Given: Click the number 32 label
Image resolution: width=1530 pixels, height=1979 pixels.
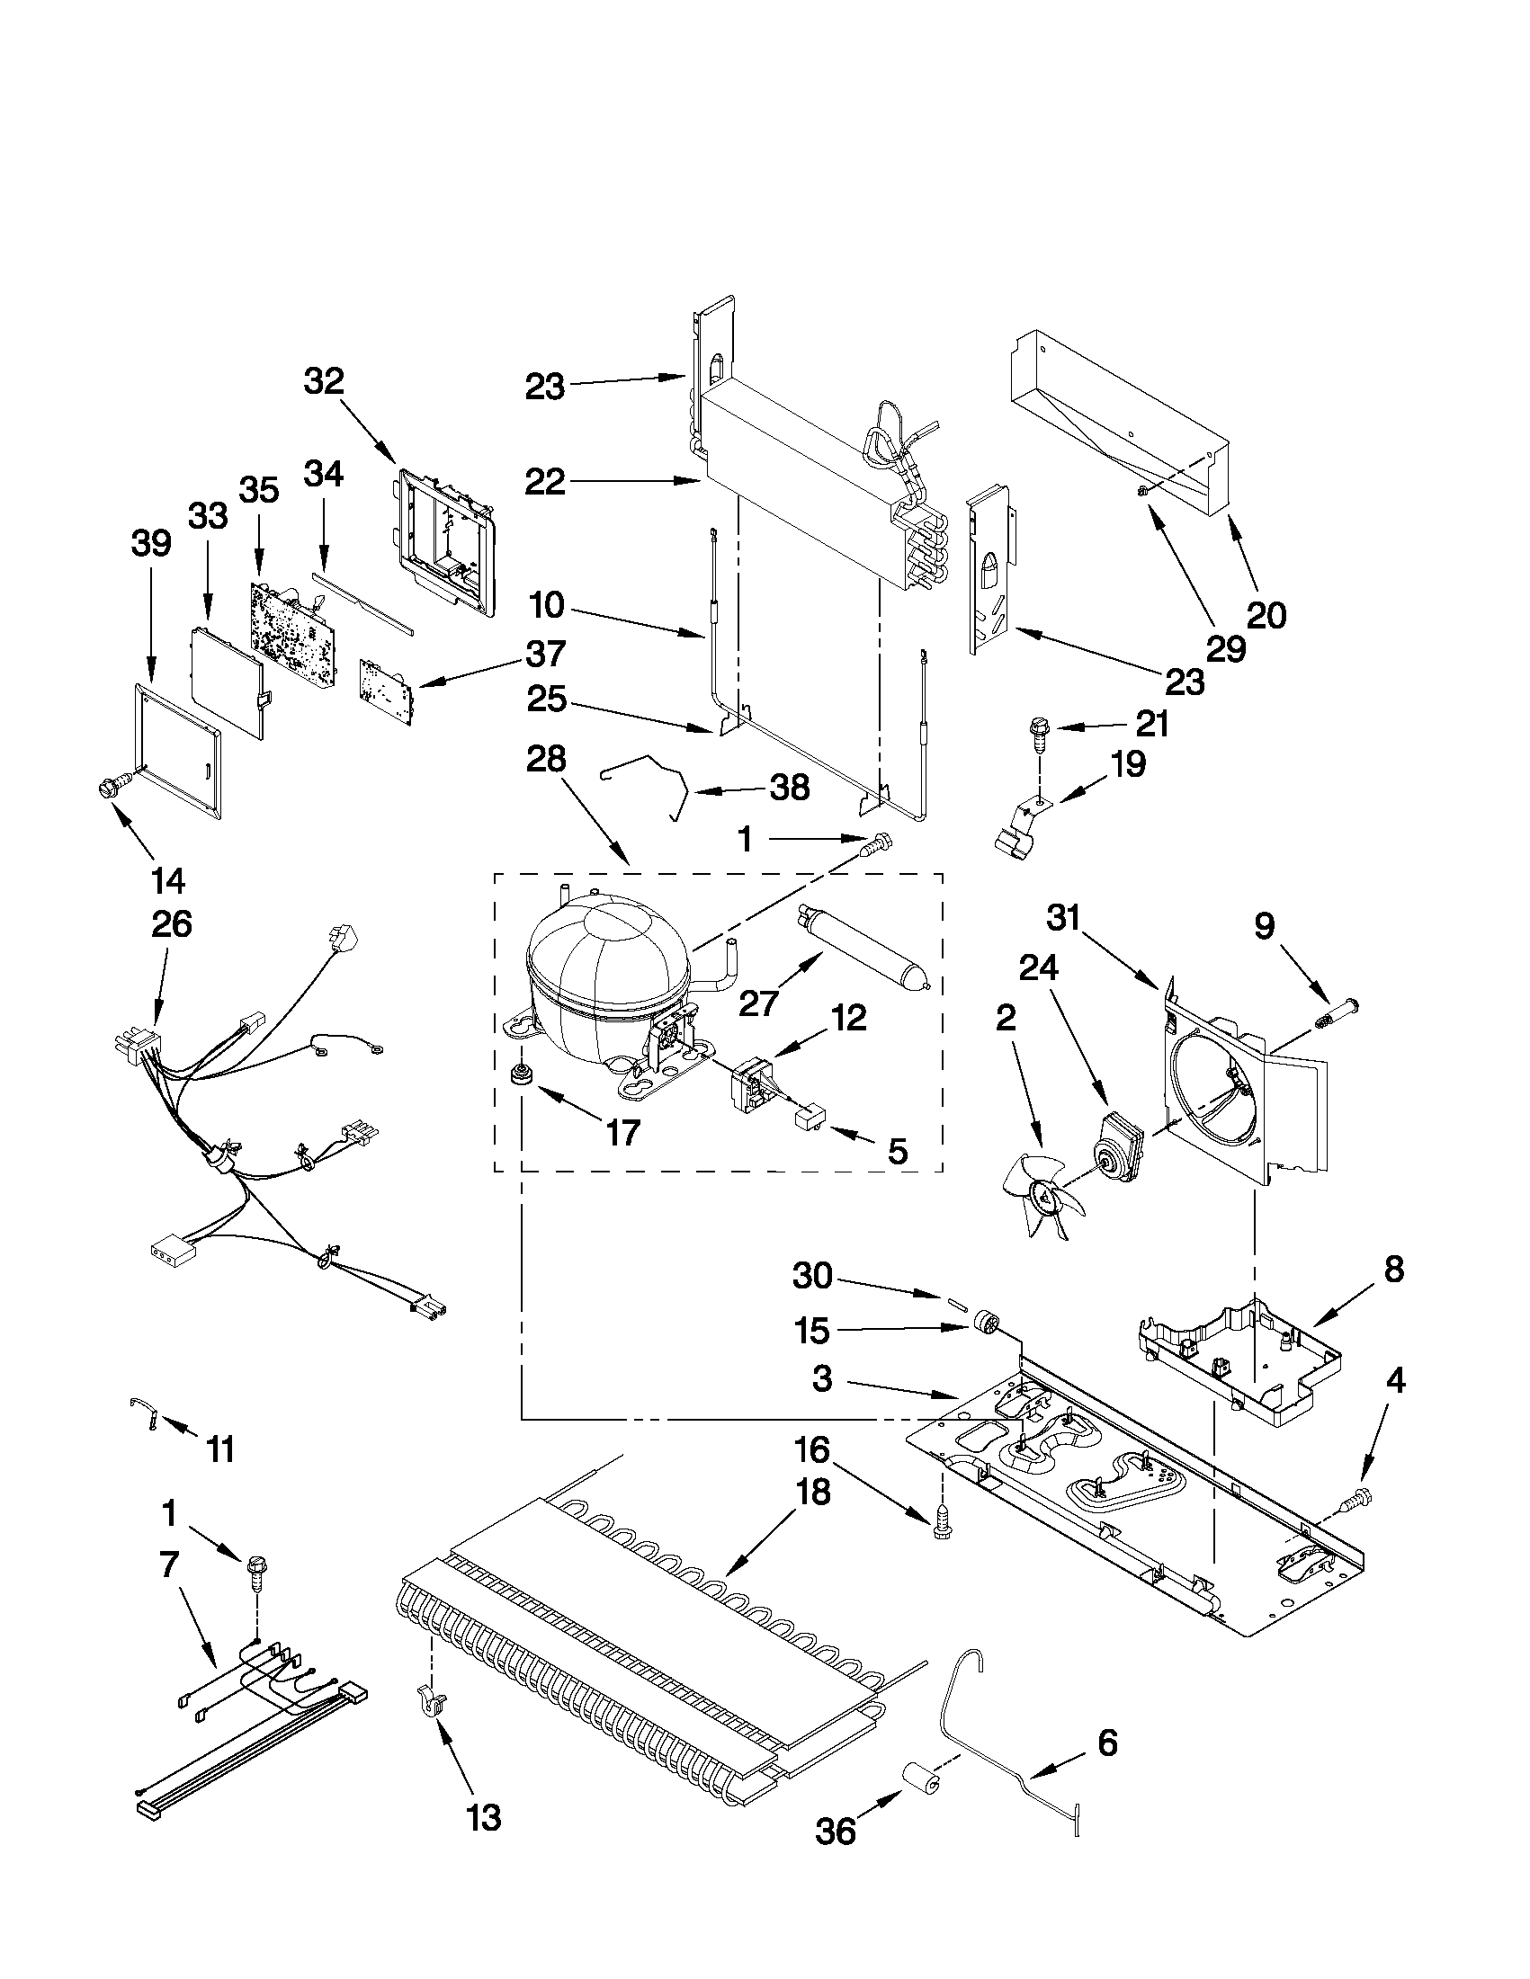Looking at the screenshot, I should pos(324,381).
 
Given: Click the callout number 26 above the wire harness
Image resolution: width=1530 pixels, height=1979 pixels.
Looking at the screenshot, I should pos(171,923).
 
